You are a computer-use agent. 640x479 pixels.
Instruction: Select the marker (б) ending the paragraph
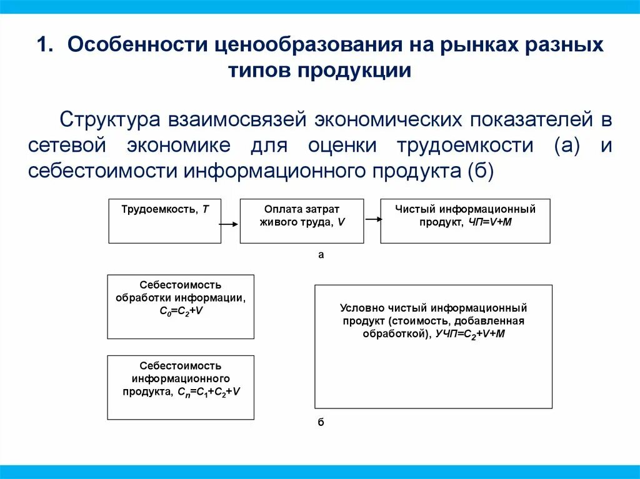[479, 170]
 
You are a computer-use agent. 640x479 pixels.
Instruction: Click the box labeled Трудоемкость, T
[165, 221]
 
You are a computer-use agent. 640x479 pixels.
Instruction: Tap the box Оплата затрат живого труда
[301, 221]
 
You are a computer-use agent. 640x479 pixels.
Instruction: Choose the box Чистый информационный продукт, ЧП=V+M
[465, 221]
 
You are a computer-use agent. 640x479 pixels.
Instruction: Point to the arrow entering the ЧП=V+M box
[373, 219]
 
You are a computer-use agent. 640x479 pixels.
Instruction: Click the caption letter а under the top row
[321, 255]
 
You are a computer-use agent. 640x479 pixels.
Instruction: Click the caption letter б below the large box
[321, 422]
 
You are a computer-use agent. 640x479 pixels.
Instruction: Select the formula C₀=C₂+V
[181, 310]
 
